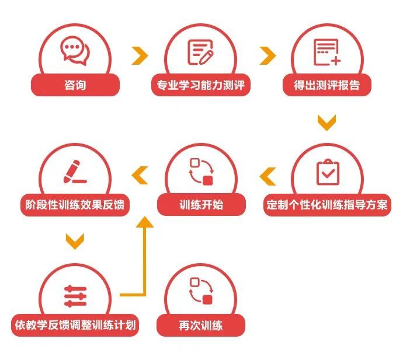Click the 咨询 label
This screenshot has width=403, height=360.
(75, 85)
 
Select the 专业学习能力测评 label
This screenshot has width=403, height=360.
(201, 85)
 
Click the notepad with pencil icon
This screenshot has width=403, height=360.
(200, 52)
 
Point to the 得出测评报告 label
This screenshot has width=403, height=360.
(327, 85)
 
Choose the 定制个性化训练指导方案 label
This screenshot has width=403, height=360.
(327, 205)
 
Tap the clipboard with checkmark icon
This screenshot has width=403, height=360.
(328, 172)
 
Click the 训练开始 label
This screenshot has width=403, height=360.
(201, 205)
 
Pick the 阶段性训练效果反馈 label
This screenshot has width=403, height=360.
(75, 205)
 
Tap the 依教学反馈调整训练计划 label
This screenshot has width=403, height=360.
(75, 325)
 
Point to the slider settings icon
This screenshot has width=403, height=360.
(75, 296)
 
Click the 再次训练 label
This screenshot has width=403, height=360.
(201, 325)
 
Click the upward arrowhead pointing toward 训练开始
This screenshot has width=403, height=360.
(145, 222)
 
